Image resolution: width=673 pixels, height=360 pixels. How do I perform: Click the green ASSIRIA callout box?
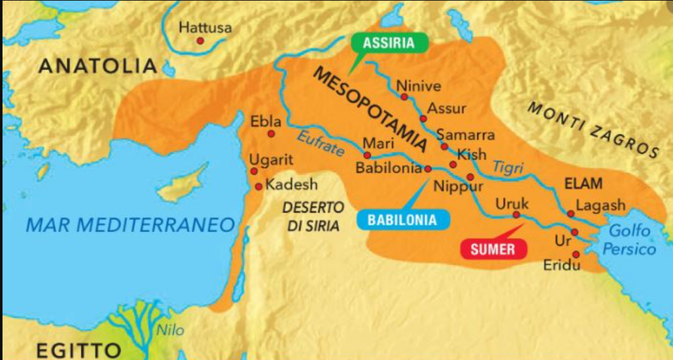point(388,43)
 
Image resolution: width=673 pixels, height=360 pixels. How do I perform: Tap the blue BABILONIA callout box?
point(403,220)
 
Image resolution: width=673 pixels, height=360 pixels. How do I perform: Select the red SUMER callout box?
point(494,249)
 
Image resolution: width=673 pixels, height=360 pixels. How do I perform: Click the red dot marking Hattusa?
point(200,41)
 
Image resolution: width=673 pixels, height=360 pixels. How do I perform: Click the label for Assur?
point(447,108)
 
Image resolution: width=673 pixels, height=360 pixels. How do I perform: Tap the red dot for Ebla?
point(271,134)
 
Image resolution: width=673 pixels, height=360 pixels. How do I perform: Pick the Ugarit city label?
point(272,160)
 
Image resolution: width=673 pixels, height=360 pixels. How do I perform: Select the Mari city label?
point(373,143)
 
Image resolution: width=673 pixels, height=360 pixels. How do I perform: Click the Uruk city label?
point(512,204)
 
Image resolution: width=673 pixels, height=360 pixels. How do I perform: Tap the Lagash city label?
point(600,206)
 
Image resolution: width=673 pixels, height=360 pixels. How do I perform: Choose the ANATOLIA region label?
point(97,66)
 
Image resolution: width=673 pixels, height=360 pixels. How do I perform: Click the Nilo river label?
point(170,329)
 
